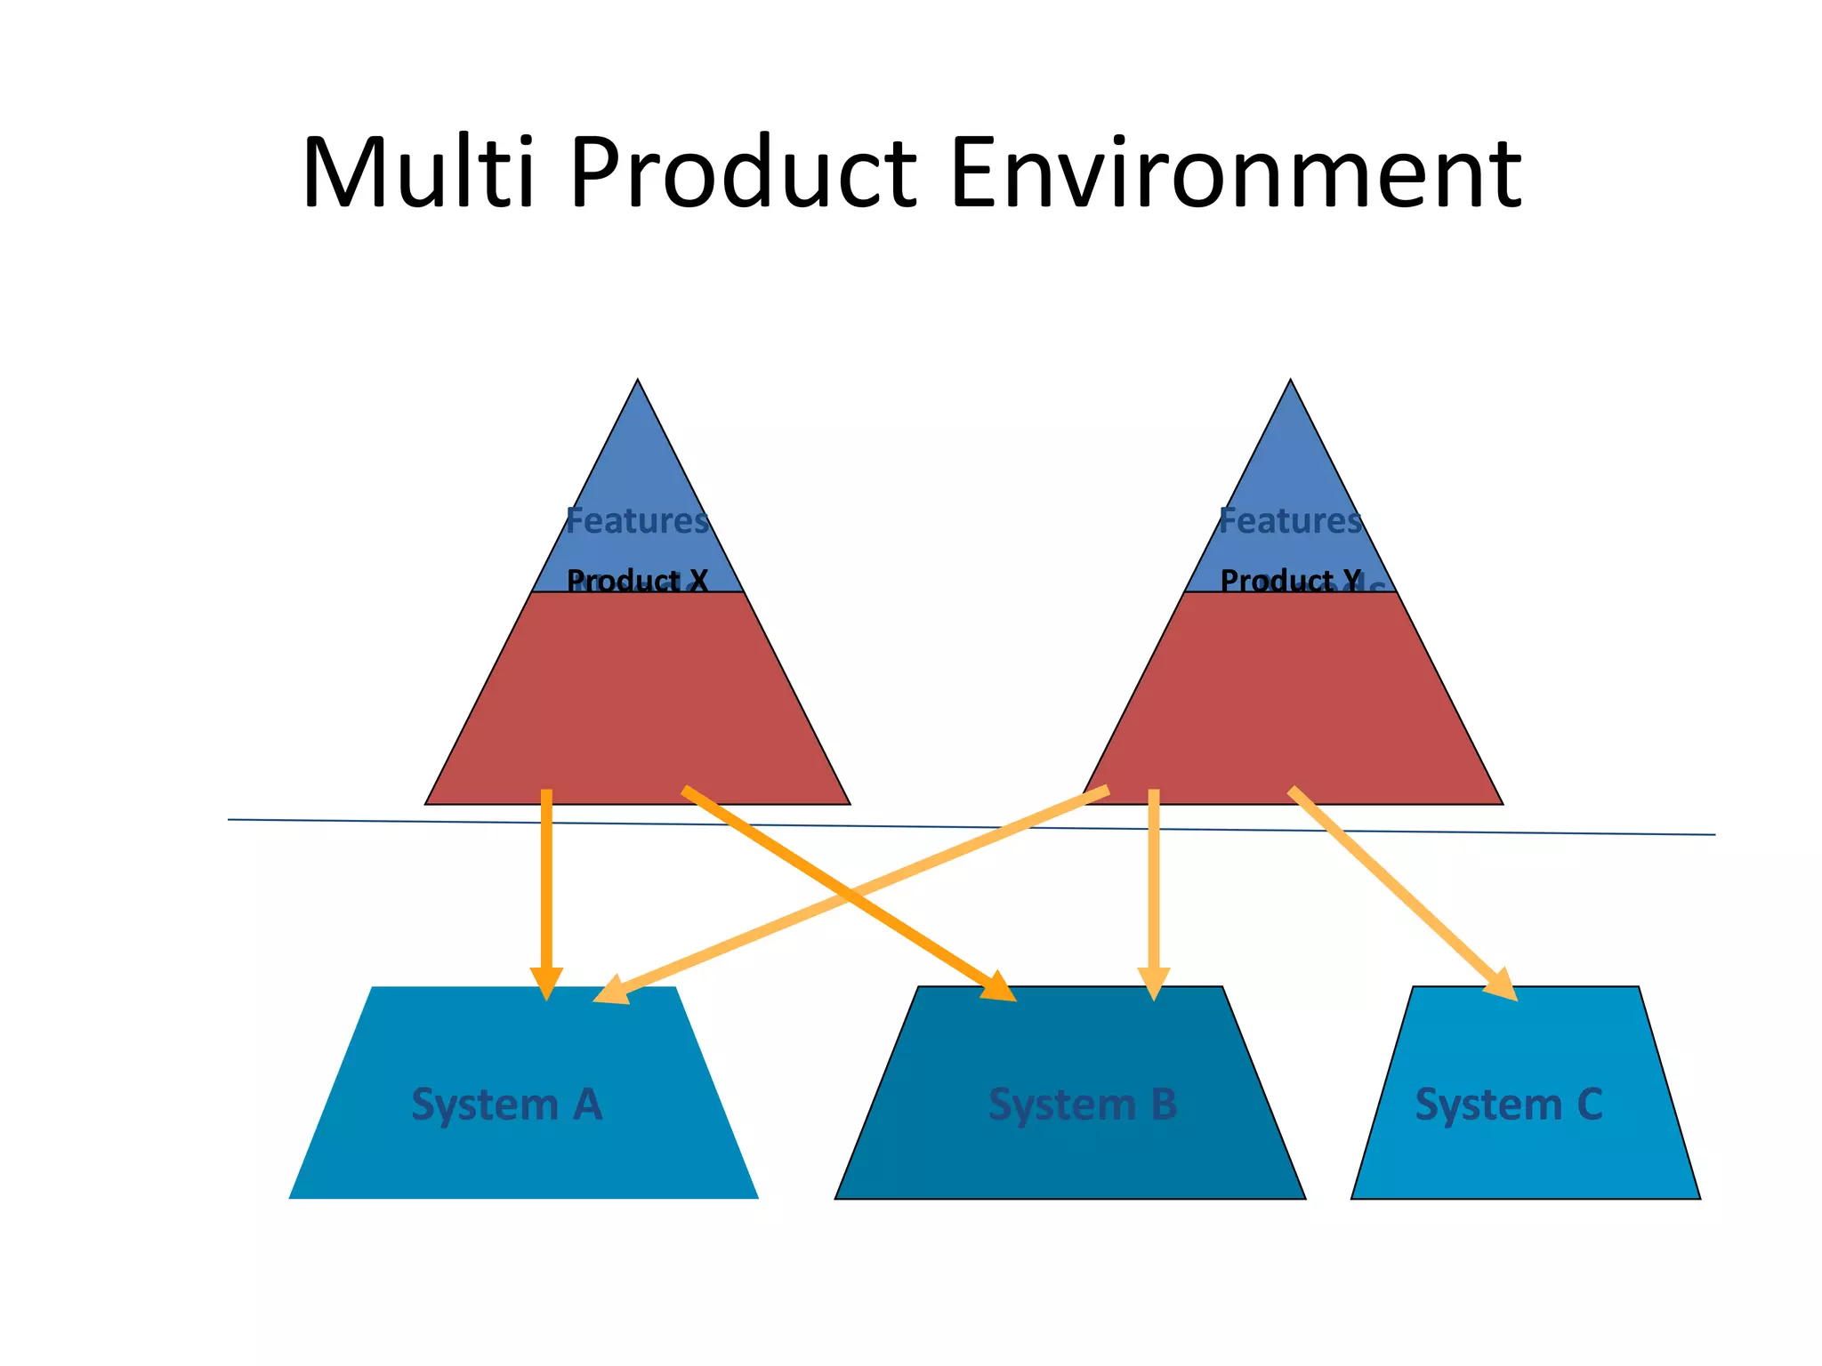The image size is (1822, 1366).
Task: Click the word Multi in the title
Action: coord(418,173)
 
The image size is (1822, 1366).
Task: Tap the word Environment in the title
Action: coord(1235,173)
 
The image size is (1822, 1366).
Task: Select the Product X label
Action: coord(637,581)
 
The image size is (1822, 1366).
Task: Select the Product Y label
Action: coord(1290,581)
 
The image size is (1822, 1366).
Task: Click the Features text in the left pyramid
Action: coord(637,520)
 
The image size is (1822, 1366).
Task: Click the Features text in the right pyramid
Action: coord(1290,520)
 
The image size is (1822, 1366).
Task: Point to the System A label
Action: coord(507,1105)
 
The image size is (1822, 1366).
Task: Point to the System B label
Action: coord(1083,1105)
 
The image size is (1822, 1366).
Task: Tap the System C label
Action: coord(1509,1105)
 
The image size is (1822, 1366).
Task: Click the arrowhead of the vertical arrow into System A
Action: coord(546,983)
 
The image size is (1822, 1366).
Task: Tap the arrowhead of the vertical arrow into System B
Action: coord(1154,983)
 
